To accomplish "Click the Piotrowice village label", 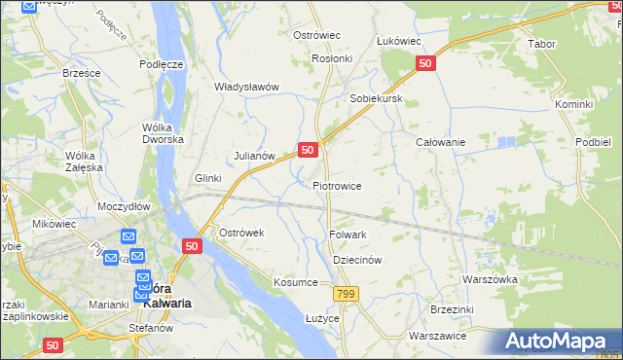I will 338,185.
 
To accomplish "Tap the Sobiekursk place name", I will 376,99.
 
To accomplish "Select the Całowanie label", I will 440,142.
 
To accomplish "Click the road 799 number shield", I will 345,293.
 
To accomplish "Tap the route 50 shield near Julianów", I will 308,150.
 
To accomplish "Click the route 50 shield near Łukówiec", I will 424,63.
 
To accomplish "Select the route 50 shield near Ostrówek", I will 191,247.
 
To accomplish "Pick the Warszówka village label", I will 490,278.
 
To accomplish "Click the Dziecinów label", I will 355,261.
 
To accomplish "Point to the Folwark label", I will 348,234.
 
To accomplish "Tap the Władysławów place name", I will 247,87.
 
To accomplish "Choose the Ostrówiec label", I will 316,35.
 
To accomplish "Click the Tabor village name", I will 541,45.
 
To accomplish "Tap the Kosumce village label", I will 296,282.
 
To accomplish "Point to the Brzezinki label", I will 477,310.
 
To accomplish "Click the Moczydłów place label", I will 124,206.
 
